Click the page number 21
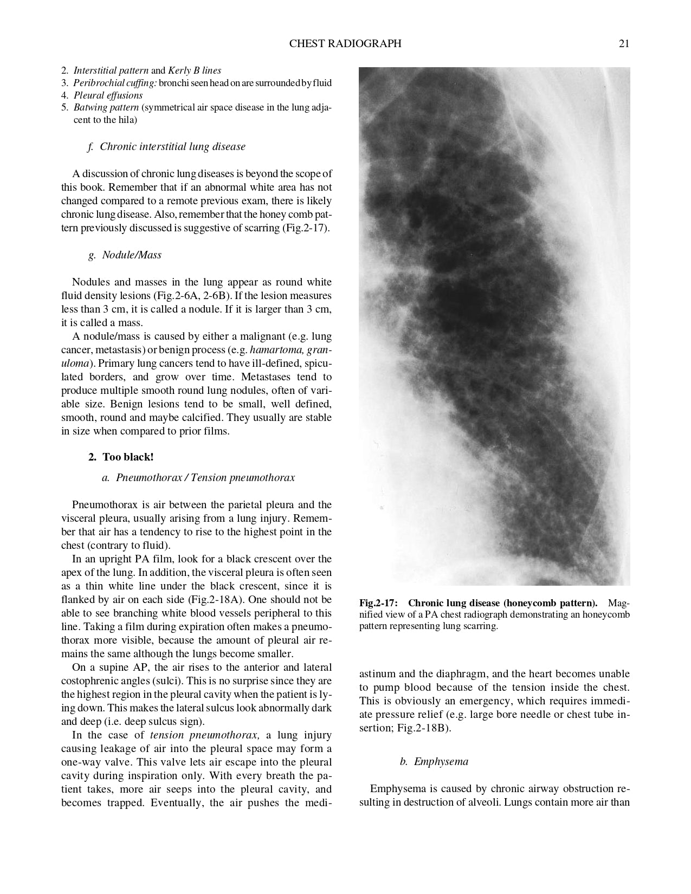[x=624, y=44]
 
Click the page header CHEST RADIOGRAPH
[x=345, y=44]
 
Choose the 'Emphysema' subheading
[x=441, y=762]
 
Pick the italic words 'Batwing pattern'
[x=106, y=107]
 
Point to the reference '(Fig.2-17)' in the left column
[x=305, y=228]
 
